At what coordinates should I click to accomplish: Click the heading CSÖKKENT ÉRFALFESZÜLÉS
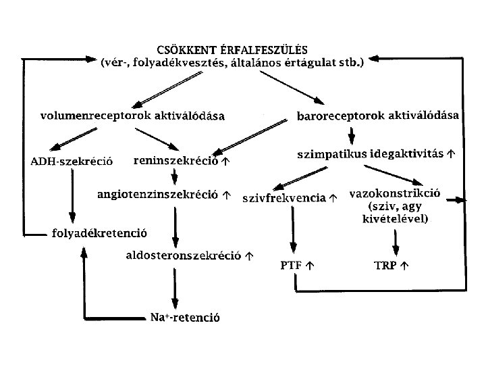232,49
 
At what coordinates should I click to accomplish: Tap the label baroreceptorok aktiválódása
378,116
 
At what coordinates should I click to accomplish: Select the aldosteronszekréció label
184,255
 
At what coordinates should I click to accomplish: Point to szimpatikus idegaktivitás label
370,154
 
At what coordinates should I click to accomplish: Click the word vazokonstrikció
395,193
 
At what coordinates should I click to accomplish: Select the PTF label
292,265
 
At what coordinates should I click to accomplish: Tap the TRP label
386,265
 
